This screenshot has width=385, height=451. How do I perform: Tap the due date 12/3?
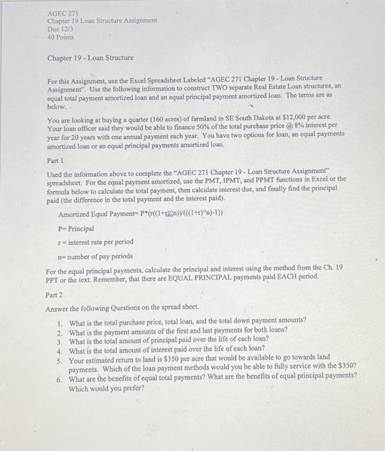62,29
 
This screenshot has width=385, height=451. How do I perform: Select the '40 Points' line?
61,37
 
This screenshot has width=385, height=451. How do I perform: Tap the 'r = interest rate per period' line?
96,242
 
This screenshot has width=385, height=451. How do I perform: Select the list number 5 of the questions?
59,356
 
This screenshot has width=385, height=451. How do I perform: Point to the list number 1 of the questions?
59,321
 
